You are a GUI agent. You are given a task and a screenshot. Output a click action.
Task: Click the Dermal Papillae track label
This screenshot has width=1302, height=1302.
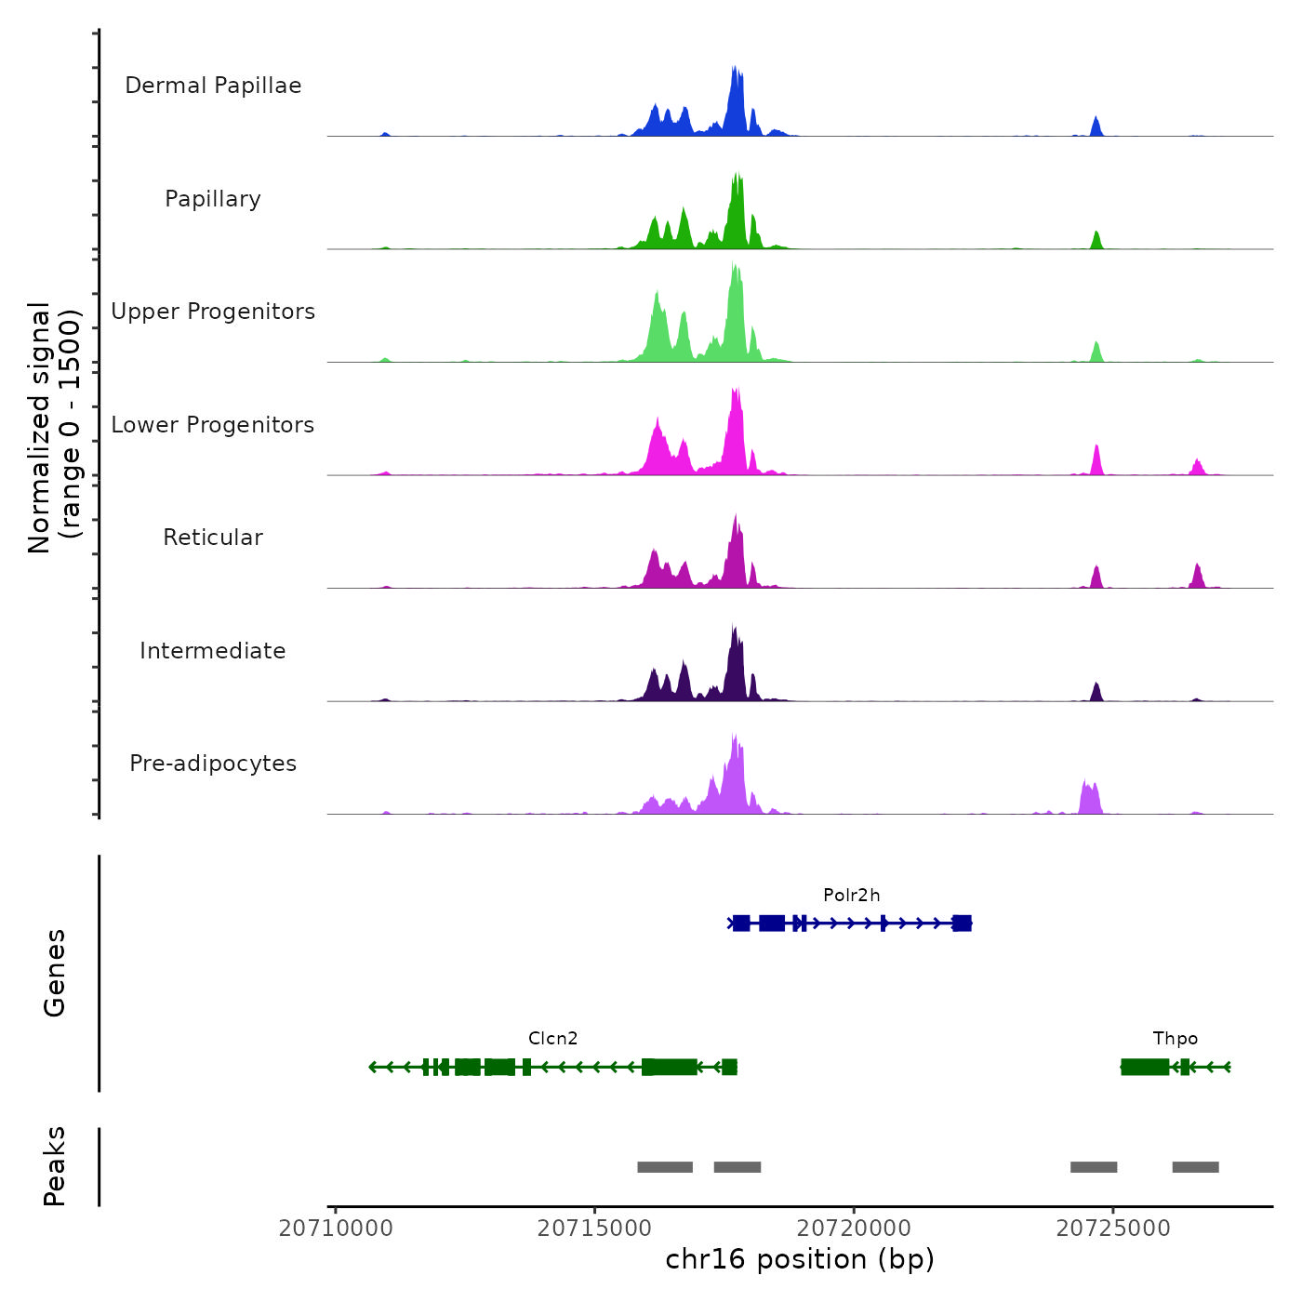point(213,86)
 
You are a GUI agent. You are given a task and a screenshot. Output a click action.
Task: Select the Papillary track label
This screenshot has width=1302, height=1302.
point(213,199)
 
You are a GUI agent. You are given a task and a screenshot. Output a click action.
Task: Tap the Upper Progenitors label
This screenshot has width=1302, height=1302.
point(213,312)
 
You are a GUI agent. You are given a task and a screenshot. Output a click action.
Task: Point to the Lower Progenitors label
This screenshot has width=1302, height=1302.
point(213,425)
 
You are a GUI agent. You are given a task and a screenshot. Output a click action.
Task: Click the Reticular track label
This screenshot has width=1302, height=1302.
point(213,538)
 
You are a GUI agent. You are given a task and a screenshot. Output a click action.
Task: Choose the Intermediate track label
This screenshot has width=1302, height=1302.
point(213,651)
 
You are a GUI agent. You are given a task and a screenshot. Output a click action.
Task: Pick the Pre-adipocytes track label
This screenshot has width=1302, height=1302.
point(213,764)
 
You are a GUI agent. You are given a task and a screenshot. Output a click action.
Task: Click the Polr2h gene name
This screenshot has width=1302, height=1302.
point(851,896)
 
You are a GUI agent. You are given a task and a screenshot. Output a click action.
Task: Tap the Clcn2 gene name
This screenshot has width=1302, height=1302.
point(553,1039)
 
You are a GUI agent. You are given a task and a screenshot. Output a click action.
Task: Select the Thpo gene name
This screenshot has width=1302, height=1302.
point(1176,1039)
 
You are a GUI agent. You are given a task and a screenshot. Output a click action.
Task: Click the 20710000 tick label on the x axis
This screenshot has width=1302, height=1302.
point(336,1229)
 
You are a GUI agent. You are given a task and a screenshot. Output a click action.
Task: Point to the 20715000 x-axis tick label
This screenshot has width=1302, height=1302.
point(595,1229)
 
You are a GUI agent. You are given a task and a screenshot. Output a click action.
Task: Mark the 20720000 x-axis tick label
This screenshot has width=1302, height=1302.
point(854,1229)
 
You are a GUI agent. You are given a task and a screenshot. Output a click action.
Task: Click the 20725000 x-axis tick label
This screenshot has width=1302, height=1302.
point(1113,1229)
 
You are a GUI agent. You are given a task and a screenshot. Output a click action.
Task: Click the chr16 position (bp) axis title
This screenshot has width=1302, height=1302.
point(800,1259)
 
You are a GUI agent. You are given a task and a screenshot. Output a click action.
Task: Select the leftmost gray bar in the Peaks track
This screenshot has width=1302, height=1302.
point(665,1167)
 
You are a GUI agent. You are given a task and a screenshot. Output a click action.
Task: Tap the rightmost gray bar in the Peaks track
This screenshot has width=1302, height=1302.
point(1195,1167)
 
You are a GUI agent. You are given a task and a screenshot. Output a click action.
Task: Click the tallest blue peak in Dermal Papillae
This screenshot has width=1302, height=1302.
point(736,102)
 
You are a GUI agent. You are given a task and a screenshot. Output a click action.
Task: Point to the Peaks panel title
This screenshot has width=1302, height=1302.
point(55,1166)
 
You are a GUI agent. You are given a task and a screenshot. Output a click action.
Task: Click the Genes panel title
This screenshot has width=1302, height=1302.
point(55,973)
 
